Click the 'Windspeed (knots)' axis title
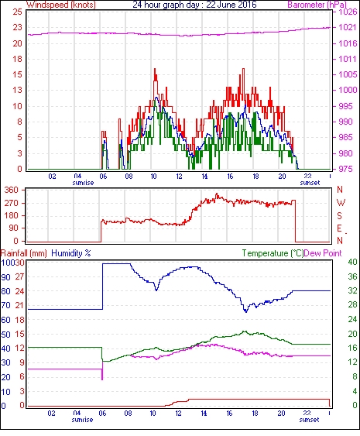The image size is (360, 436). click(x=61, y=5)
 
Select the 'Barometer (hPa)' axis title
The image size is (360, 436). click(x=317, y=5)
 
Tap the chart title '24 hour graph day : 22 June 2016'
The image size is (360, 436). click(x=194, y=5)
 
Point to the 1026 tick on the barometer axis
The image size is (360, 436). click(x=348, y=12)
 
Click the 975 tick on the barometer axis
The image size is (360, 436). click(x=345, y=169)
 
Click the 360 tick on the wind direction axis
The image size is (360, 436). click(x=12, y=190)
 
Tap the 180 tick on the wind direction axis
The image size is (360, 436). click(x=12, y=215)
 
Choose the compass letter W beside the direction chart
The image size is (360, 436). click(x=341, y=203)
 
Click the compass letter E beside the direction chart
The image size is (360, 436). click(x=339, y=228)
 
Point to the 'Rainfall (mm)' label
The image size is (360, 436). click(x=24, y=253)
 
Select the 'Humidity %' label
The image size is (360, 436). click(x=71, y=253)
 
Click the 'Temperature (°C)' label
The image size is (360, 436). click(x=273, y=253)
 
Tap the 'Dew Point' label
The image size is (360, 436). click(x=323, y=253)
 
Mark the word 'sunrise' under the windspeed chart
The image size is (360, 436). click(x=83, y=183)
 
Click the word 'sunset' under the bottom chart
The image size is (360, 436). click(x=309, y=419)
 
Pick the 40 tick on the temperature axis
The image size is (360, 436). click(x=352, y=262)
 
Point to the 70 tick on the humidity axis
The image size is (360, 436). click(x=5, y=305)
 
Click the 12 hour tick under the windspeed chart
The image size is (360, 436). click(x=179, y=177)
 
